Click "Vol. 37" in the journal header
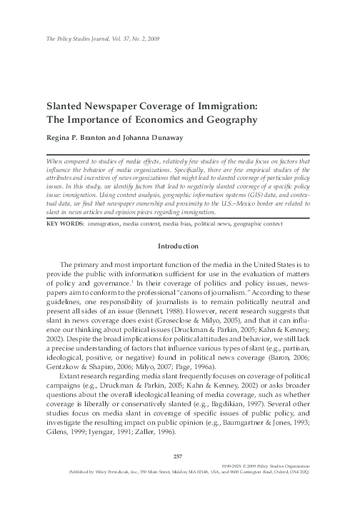pos(126,38)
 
